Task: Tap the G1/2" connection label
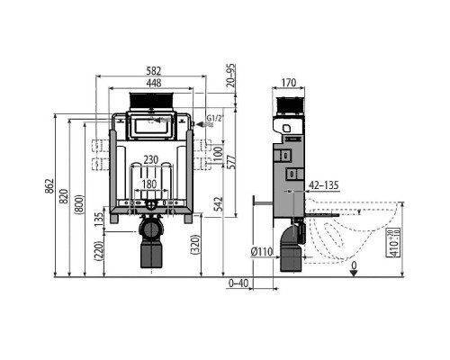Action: point(213,118)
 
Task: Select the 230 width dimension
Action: point(150,160)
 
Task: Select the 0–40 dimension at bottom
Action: point(238,284)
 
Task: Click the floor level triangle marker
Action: point(354,273)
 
